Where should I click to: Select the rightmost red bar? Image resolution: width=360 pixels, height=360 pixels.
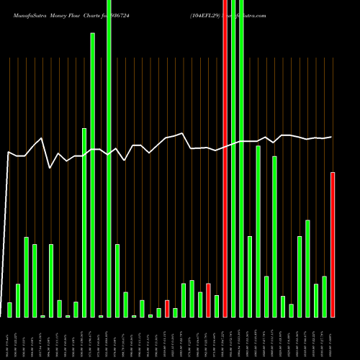(x=333, y=245)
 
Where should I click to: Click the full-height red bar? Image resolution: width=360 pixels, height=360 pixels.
(x=225, y=158)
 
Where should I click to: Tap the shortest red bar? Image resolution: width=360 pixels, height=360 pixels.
(x=167, y=309)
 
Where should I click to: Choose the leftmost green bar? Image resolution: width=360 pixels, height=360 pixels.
(x=9, y=310)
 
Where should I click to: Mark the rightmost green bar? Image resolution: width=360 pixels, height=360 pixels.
(x=325, y=297)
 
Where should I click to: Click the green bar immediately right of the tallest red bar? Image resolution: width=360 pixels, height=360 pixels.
(x=233, y=158)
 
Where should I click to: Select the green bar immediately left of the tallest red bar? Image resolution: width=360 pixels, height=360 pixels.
(x=217, y=306)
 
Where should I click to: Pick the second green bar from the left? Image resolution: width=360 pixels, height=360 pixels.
(x=18, y=301)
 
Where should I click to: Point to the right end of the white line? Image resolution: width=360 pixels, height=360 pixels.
(x=332, y=137)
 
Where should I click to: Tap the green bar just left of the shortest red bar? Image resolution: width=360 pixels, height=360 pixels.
(x=158, y=312)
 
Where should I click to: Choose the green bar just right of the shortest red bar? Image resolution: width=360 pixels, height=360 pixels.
(x=175, y=312)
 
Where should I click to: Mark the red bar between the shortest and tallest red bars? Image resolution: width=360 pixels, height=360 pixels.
(x=208, y=300)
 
